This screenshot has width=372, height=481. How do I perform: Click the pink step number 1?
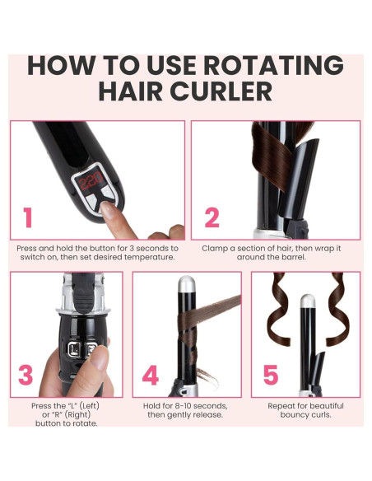tap(28, 217)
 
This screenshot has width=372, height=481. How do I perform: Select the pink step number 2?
tap(212, 217)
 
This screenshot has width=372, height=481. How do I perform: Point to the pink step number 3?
tap(26, 375)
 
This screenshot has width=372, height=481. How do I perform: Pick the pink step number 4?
tap(150, 375)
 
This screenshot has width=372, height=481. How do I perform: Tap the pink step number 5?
tap(271, 375)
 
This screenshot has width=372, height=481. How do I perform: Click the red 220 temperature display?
tap(90, 180)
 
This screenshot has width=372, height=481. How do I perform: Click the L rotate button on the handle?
tap(74, 349)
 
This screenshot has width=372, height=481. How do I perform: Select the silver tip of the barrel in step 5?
tap(307, 301)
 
